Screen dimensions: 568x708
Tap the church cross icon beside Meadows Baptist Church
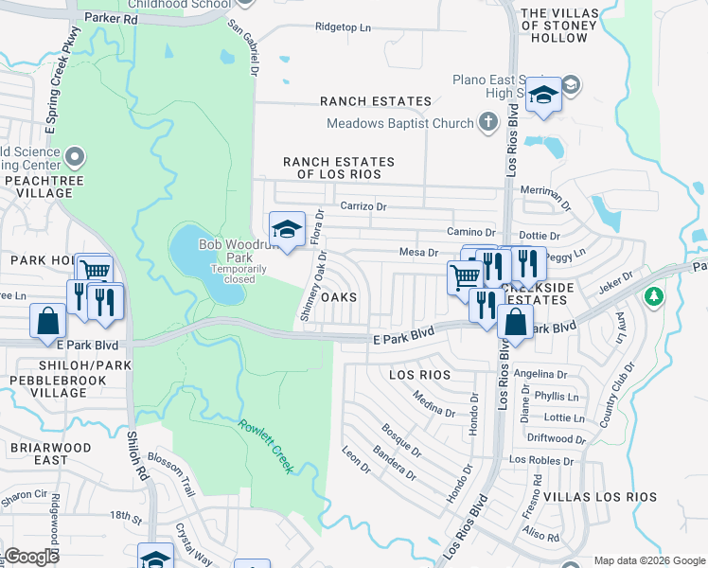(x=487, y=122)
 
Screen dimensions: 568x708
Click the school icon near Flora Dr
(x=287, y=229)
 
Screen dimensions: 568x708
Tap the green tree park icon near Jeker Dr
(x=652, y=297)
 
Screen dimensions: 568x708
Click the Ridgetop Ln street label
(x=343, y=28)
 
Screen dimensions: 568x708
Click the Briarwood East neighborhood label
(x=50, y=453)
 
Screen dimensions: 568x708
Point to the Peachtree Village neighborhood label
(x=39, y=186)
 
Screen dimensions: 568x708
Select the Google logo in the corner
(x=32, y=557)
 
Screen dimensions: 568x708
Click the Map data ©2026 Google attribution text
(x=648, y=560)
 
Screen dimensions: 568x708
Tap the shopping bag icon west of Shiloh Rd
(x=47, y=321)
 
